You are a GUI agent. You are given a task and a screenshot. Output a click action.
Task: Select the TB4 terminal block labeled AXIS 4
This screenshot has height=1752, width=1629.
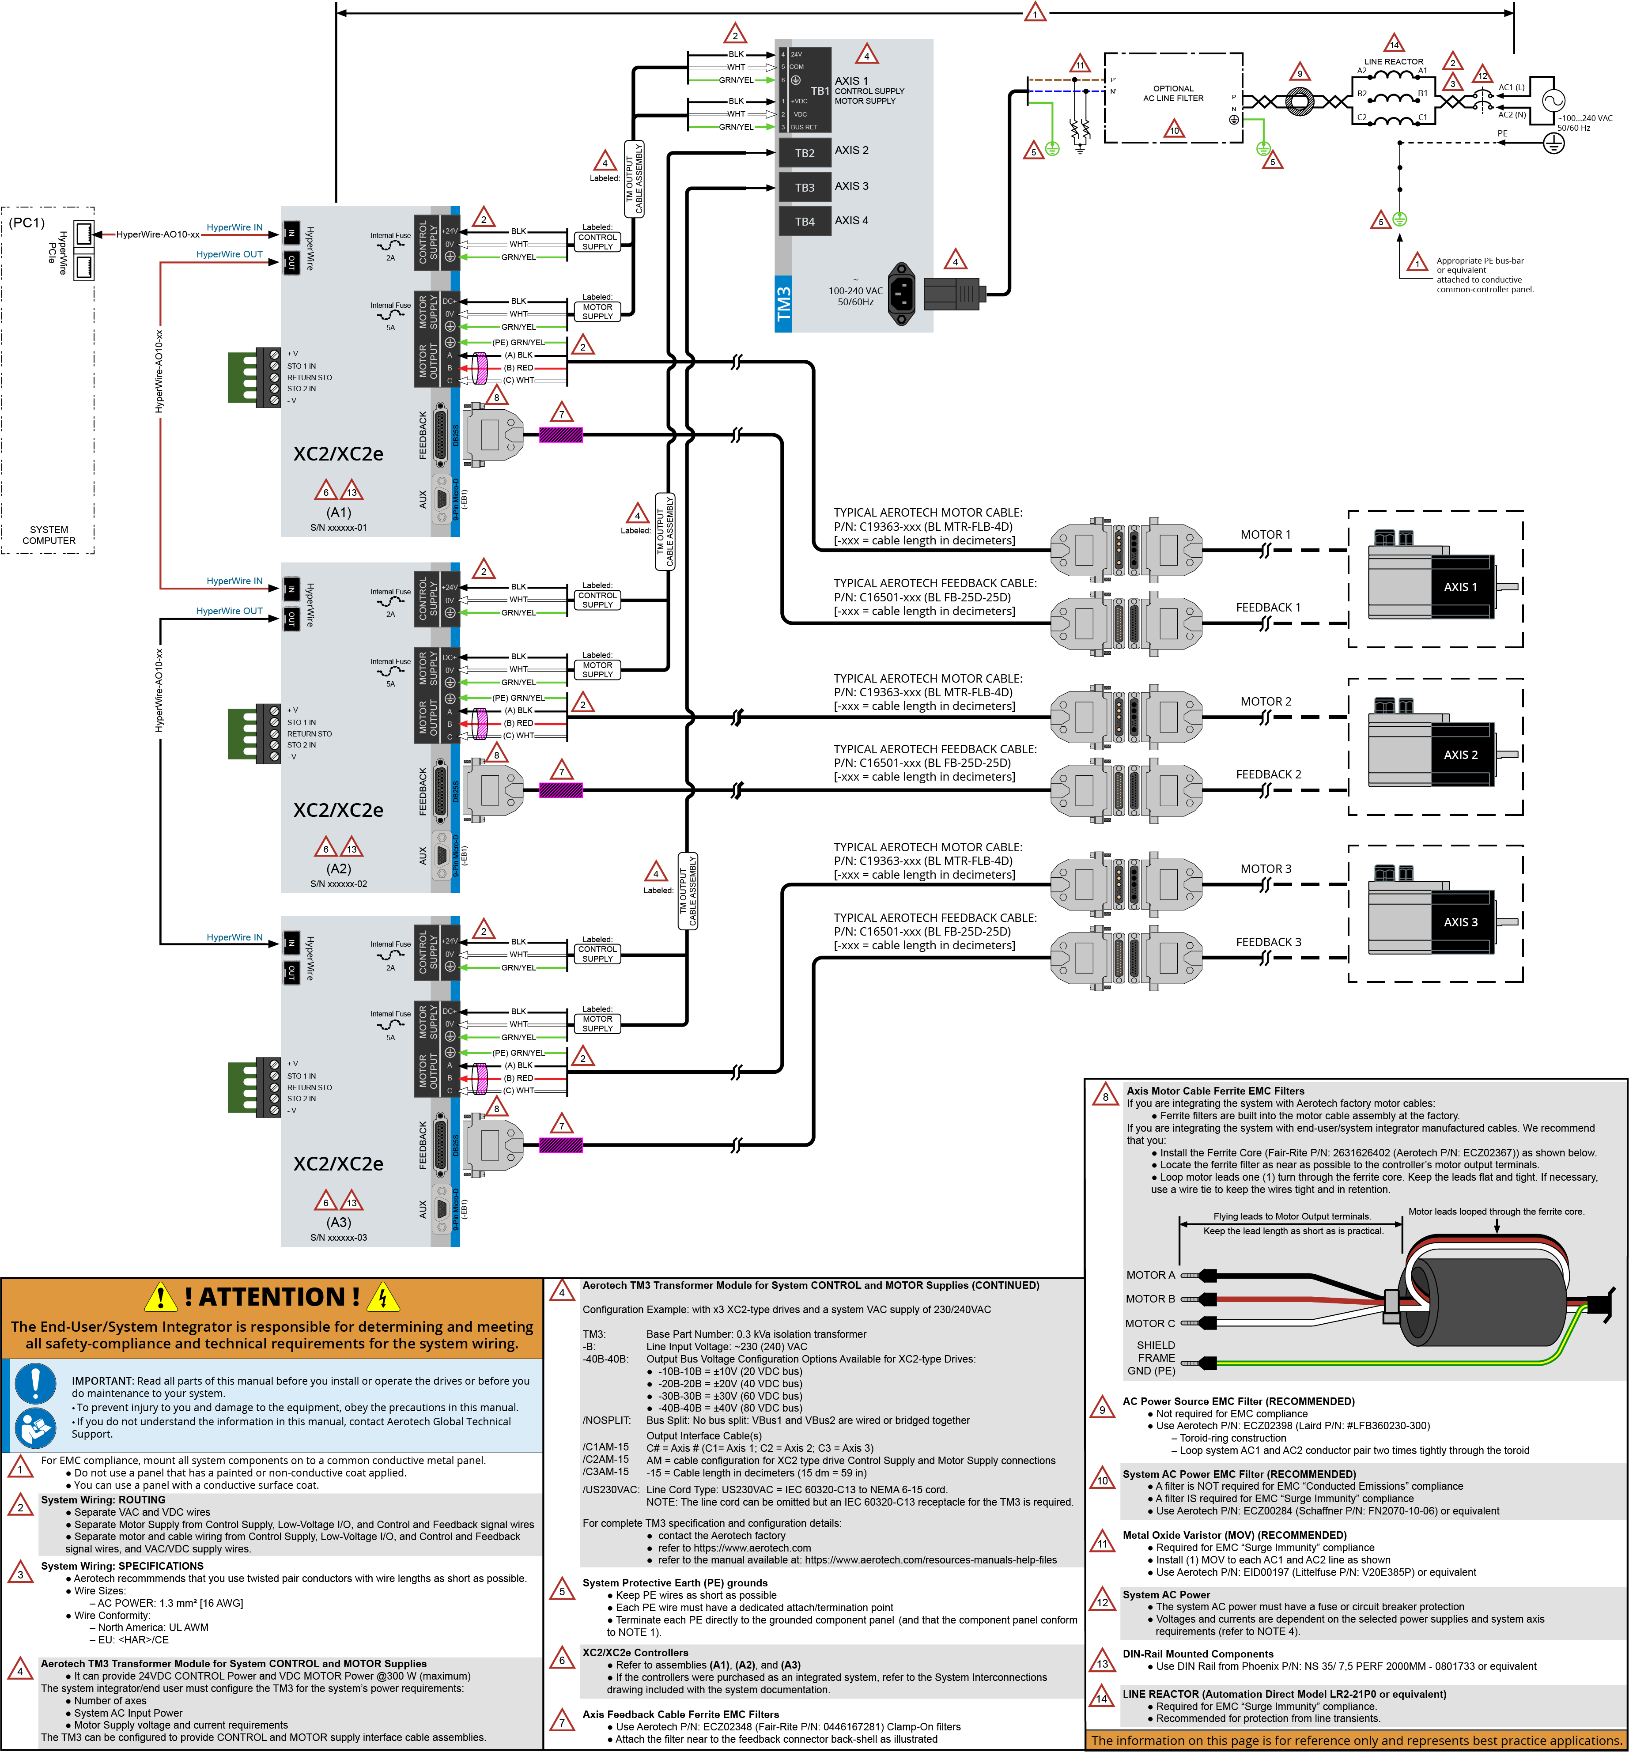tap(804, 221)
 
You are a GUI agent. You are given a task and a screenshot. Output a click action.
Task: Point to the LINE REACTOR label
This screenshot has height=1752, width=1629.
tap(1394, 62)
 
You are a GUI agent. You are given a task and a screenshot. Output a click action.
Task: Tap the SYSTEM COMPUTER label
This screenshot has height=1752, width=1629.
tap(49, 535)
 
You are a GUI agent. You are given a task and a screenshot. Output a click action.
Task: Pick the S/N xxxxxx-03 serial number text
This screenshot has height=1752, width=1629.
tap(339, 1237)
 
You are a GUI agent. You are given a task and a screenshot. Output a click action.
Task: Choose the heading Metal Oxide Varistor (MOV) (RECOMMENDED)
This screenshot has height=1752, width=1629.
tap(1234, 1535)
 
